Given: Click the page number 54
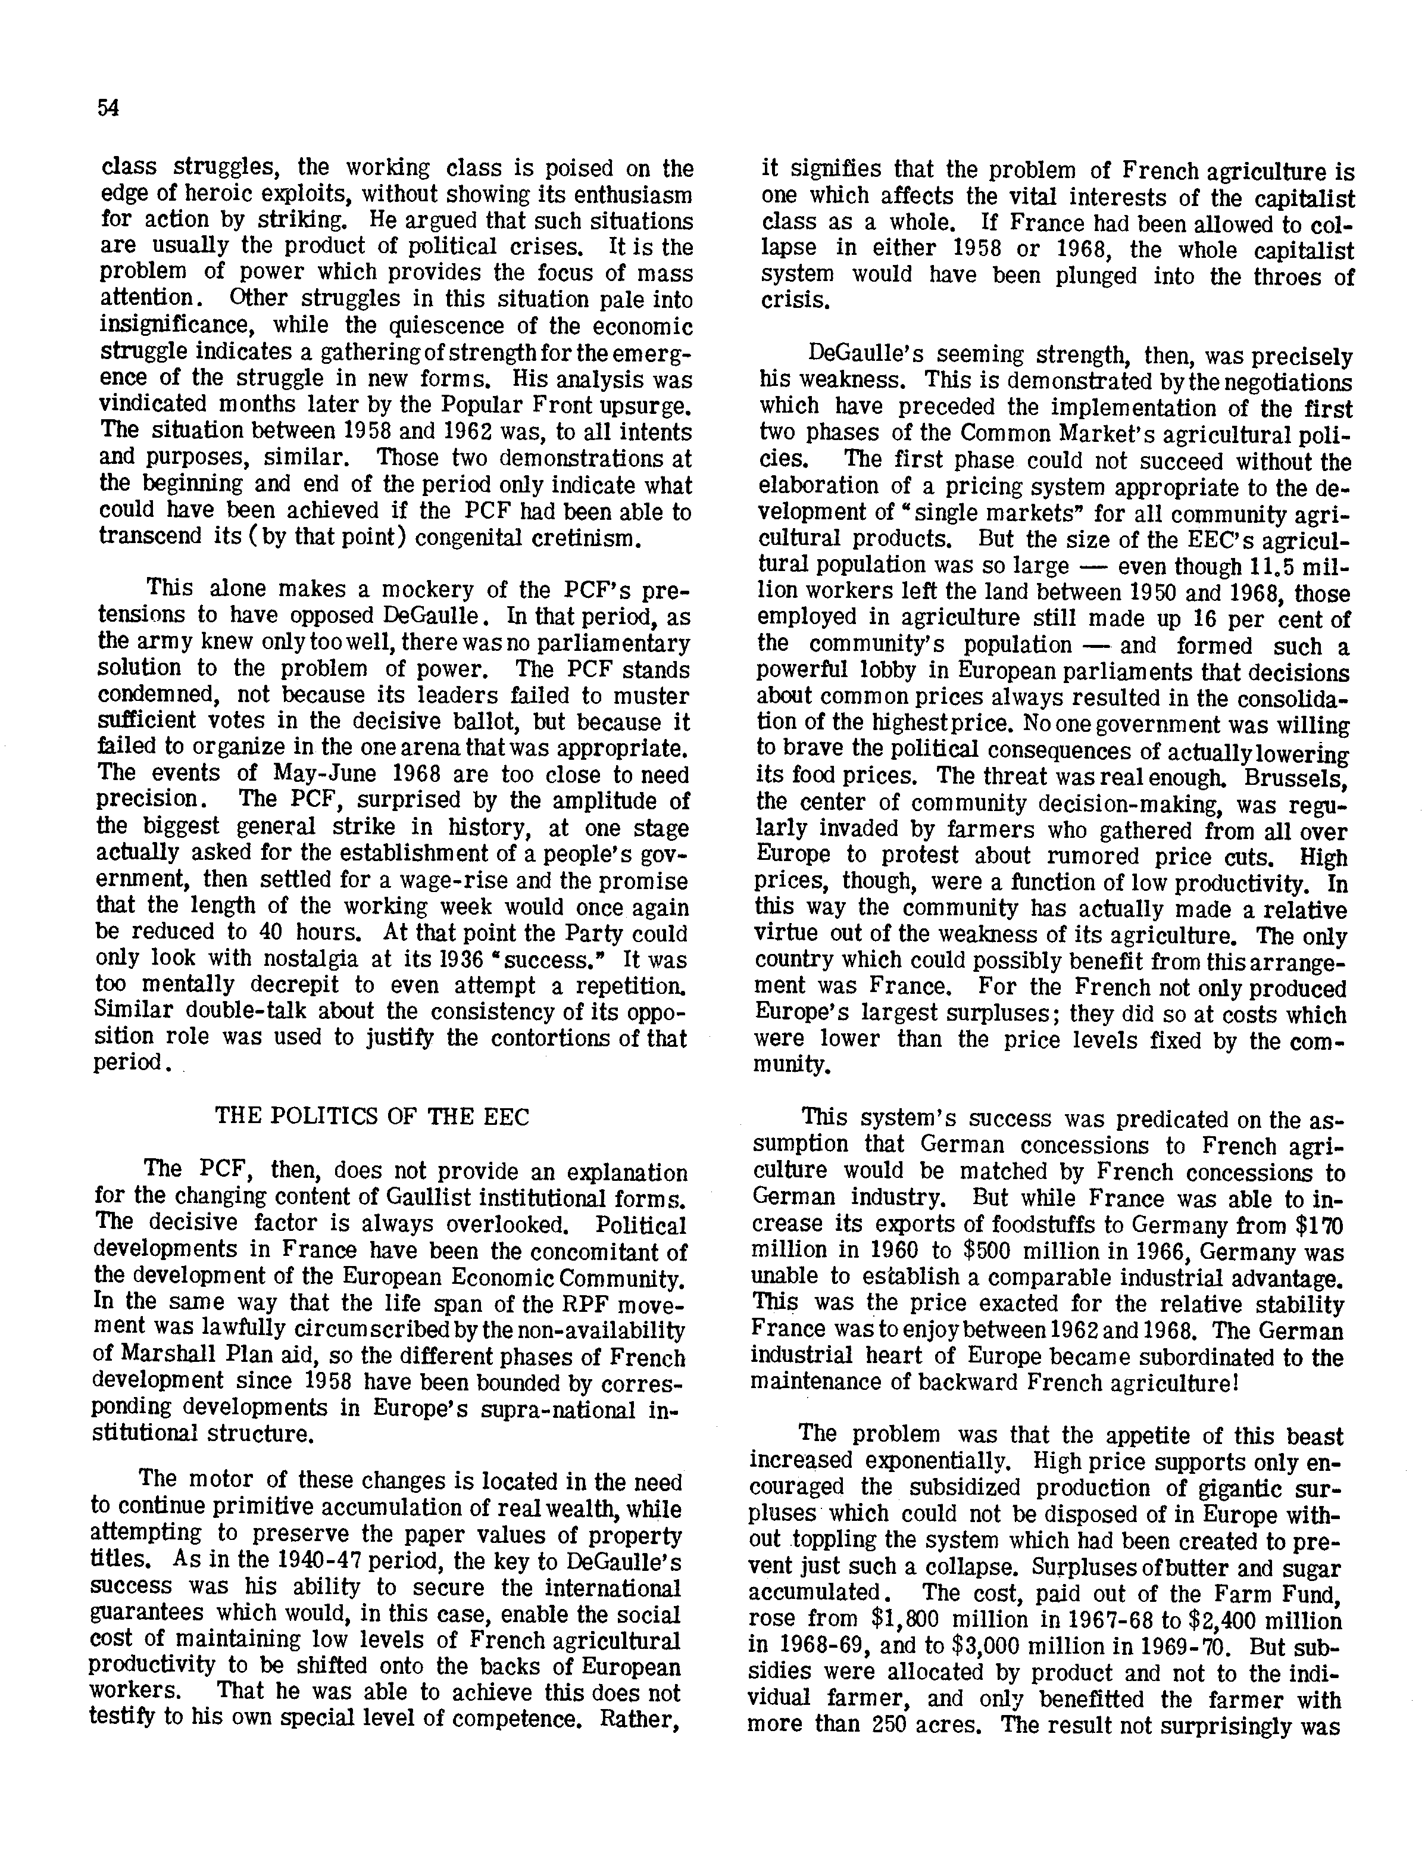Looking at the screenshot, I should click(108, 108).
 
